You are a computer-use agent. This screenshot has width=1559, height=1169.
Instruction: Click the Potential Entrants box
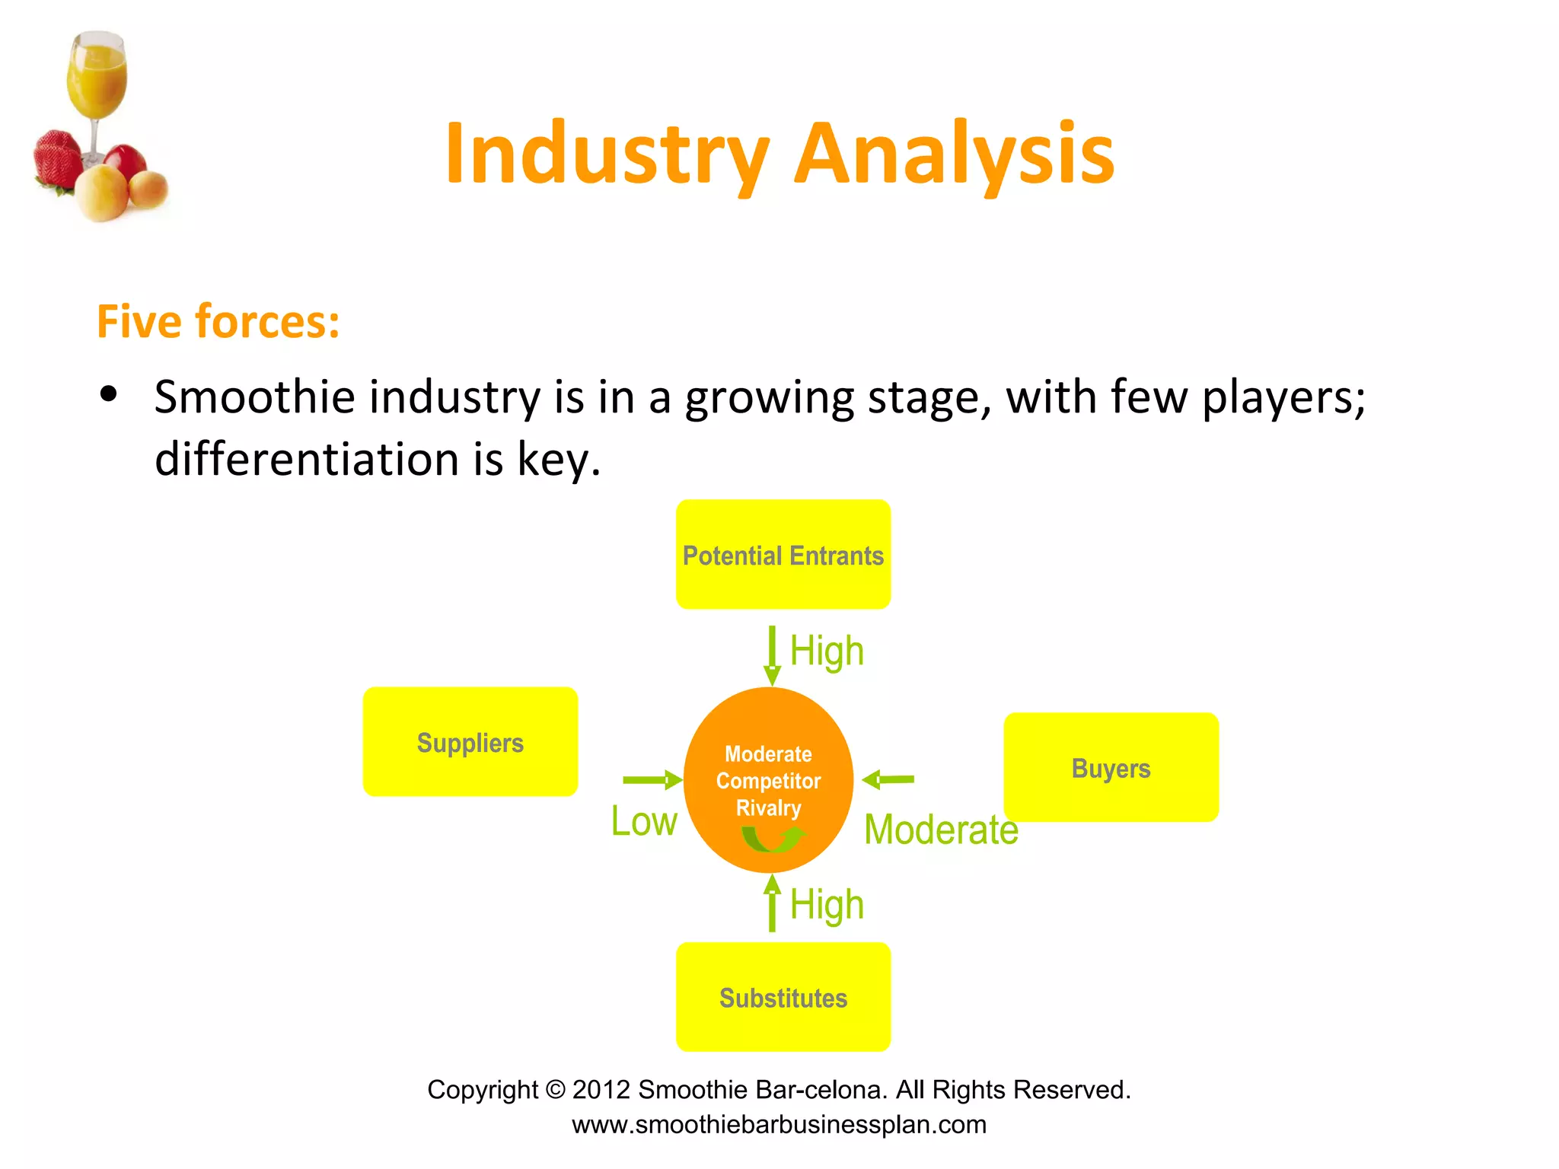[x=783, y=555]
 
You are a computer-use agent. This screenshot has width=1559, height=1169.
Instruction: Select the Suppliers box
[x=470, y=742]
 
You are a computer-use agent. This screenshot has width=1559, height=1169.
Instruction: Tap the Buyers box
[x=1111, y=767]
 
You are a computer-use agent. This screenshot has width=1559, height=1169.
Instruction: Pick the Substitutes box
[x=783, y=997]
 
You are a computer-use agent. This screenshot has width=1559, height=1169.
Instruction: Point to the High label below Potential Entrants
[x=827, y=651]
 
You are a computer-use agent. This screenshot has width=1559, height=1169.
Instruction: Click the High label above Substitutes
[x=827, y=905]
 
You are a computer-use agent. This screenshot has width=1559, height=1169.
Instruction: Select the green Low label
[x=644, y=822]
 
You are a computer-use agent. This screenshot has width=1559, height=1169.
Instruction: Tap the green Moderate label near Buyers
[x=941, y=830]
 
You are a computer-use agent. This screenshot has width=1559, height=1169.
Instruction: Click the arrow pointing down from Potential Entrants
[x=772, y=655]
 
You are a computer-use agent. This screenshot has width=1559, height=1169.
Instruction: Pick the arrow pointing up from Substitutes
[x=772, y=904]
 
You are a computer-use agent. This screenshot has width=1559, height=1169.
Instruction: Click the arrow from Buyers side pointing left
[x=888, y=779]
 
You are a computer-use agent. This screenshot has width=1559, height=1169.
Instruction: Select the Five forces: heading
[x=218, y=321]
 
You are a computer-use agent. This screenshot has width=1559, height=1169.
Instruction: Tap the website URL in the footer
[x=779, y=1125]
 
